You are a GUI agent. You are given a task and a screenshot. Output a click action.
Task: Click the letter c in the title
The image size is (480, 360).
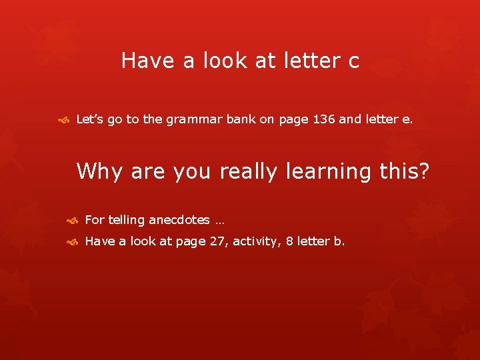(x=353, y=62)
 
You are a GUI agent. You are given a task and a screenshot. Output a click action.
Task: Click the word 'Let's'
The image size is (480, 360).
(x=90, y=120)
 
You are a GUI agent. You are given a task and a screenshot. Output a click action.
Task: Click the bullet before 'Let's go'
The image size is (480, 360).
(x=65, y=121)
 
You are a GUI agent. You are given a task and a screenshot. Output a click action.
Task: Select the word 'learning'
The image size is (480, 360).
(x=328, y=172)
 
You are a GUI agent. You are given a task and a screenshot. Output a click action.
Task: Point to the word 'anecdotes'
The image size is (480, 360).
(x=179, y=220)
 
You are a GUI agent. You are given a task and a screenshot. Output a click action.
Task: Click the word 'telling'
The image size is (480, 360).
(x=126, y=220)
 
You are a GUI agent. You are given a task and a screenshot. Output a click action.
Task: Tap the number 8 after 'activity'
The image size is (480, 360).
(x=289, y=241)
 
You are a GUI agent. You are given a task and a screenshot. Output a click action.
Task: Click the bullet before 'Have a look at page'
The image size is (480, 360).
(x=73, y=242)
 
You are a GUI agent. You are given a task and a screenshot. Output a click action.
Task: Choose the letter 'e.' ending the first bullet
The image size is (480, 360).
(x=408, y=120)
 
